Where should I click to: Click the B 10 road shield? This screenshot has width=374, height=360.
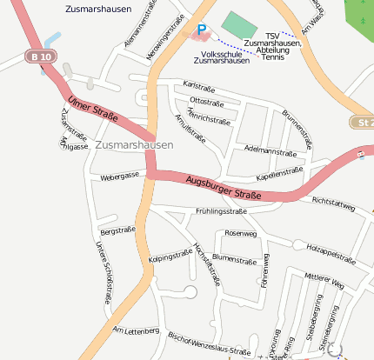37,57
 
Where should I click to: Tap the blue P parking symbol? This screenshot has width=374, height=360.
202,30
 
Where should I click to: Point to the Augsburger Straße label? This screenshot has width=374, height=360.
223,187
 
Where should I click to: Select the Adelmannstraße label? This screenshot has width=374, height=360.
271,151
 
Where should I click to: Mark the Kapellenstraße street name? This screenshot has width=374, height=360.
278,172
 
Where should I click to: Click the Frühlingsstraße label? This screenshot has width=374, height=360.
222,211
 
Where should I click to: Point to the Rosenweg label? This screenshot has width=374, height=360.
241,233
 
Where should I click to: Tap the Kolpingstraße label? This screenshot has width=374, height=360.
170,257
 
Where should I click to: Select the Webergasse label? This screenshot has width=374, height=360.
120,176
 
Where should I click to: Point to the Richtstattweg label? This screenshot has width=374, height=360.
333,204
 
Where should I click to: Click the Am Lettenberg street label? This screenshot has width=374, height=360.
136,330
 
